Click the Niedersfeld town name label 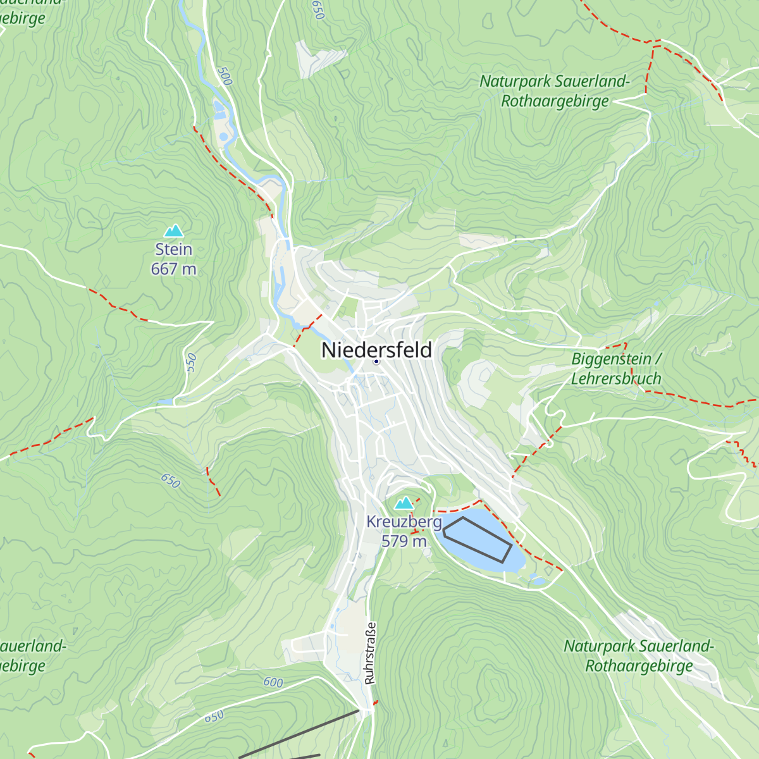point(376,350)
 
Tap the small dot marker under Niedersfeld point(376,362)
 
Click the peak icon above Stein point(173,231)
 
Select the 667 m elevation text point(173,269)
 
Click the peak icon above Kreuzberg point(404,503)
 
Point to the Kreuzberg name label point(404,522)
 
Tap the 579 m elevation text point(404,541)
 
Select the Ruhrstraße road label point(371,653)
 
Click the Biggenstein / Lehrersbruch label point(616,369)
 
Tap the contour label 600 point(273,682)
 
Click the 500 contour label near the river point(224,76)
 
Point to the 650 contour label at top point(318,9)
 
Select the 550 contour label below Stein point(192,363)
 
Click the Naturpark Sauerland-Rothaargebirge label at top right point(555,91)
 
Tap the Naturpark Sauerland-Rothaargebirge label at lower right point(639,656)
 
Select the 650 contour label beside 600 point(214,717)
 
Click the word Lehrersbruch point(616,379)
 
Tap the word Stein point(173,249)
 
